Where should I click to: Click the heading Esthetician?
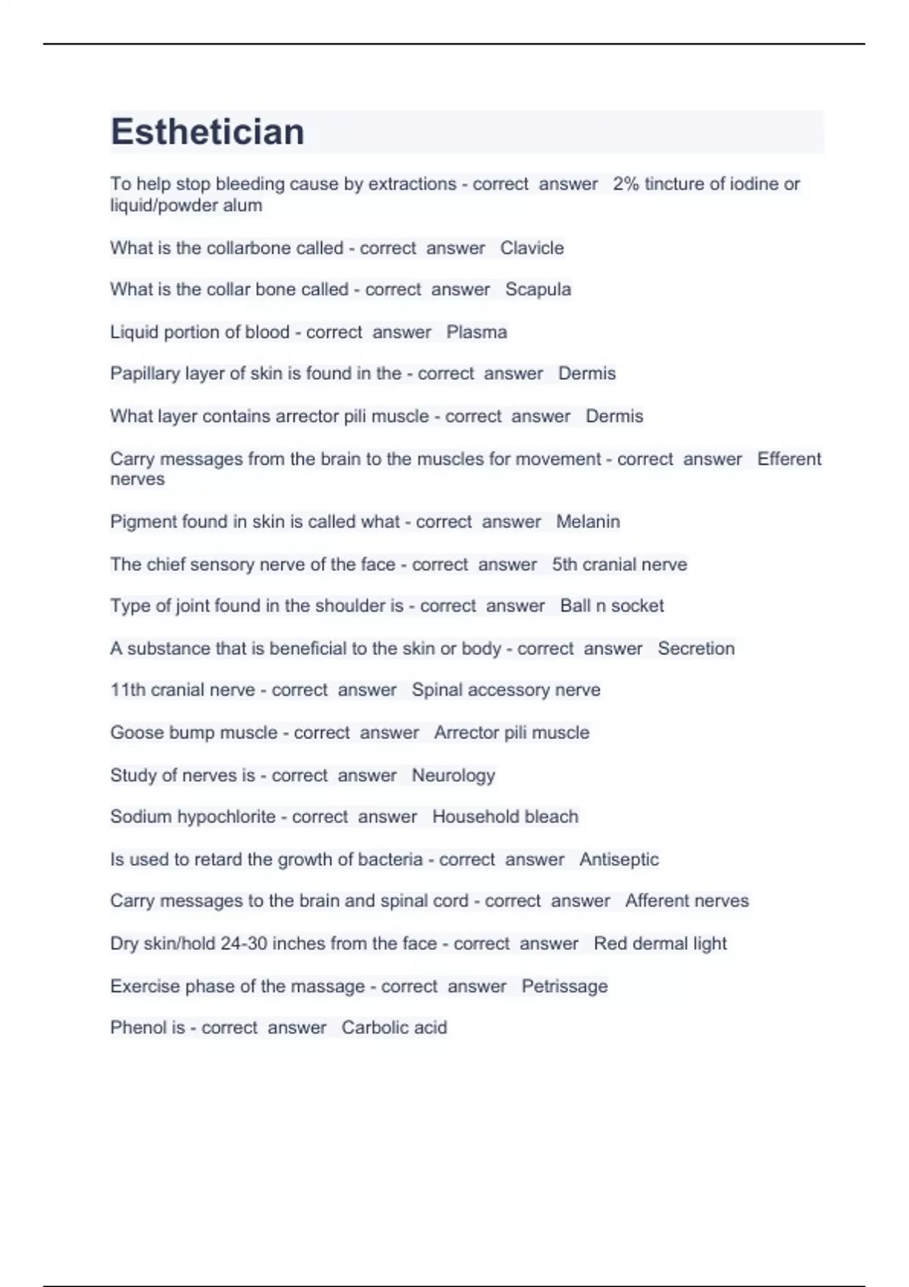[208, 132]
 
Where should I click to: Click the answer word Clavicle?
[532, 248]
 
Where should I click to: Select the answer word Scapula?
[538, 290]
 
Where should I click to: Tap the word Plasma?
[476, 332]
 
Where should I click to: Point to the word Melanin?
[588, 522]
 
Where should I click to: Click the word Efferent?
[789, 459]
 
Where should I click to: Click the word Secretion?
[695, 649]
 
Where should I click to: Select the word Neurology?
[453, 775]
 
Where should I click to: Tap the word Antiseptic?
[619, 859]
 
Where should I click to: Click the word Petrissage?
[564, 986]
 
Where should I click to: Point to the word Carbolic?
[368, 1028]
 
